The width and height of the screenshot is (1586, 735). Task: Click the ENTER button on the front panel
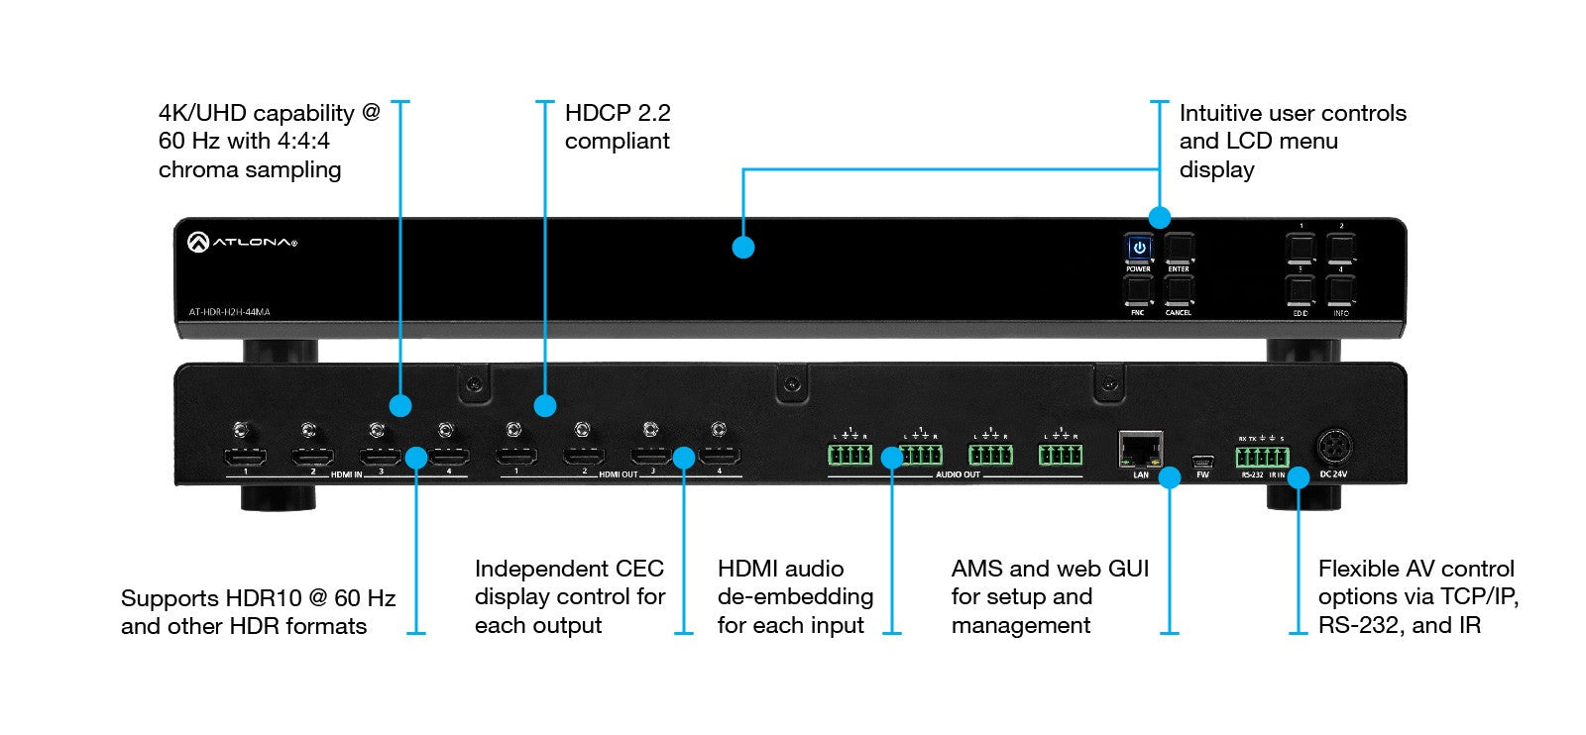pyautogui.click(x=1179, y=248)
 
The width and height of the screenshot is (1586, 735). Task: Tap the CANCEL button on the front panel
pyautogui.click(x=1179, y=290)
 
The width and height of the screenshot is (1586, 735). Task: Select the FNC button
pyautogui.click(x=1138, y=290)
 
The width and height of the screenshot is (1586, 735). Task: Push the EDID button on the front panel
pyautogui.click(x=1300, y=290)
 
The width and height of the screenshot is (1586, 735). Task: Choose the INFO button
pyautogui.click(x=1341, y=290)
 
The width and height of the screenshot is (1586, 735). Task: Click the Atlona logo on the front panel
pyautogui.click(x=242, y=242)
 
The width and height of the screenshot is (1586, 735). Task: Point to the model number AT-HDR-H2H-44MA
pyautogui.click(x=230, y=312)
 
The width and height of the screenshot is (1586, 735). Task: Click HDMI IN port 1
pyautogui.click(x=245, y=457)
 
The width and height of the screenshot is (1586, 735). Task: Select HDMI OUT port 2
pyautogui.click(x=584, y=457)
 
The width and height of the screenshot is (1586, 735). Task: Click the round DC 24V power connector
pyautogui.click(x=1333, y=448)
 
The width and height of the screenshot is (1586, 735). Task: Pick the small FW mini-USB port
pyautogui.click(x=1202, y=461)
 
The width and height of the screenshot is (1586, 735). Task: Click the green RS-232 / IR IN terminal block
pyautogui.click(x=1262, y=457)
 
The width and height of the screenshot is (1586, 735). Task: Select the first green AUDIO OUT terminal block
pyautogui.click(x=850, y=455)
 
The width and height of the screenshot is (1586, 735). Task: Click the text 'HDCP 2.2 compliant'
pyautogui.click(x=618, y=127)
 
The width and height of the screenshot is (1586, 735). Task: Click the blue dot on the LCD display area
pyautogui.click(x=743, y=247)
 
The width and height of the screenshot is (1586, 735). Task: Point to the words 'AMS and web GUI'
pyautogui.click(x=1050, y=569)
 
